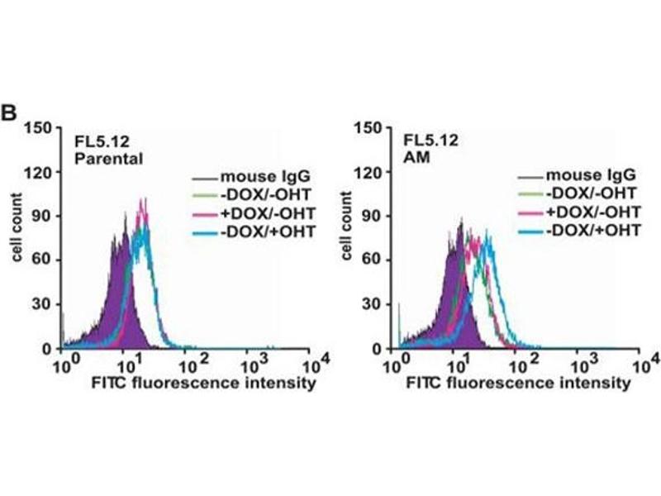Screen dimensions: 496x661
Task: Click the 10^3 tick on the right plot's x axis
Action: coord(584,364)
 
